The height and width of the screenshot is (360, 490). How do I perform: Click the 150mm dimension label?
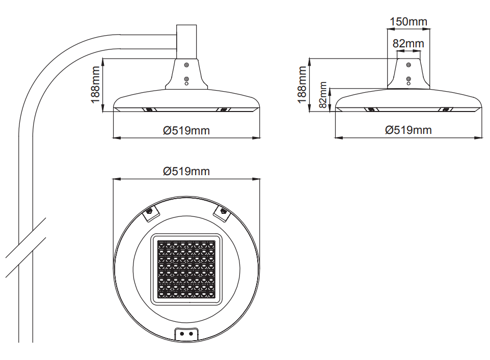click(409, 21)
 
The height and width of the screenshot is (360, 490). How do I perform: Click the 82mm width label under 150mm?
click(409, 43)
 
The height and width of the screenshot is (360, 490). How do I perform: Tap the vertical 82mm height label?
click(323, 95)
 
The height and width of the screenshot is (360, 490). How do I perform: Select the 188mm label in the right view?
click(302, 85)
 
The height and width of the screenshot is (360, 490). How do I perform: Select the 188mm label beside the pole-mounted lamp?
click(95, 85)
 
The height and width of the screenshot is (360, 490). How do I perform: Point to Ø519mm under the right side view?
click(409, 130)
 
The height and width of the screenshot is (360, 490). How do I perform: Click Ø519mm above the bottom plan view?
click(186, 171)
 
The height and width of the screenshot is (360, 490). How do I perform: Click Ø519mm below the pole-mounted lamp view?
click(186, 130)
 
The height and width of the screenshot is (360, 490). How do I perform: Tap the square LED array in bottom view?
click(186, 269)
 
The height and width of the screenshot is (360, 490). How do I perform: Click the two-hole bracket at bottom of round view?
click(186, 334)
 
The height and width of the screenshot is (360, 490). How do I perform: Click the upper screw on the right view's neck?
click(409, 65)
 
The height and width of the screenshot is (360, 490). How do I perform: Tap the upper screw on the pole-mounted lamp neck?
click(186, 65)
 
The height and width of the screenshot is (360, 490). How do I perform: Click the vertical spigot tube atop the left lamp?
click(186, 42)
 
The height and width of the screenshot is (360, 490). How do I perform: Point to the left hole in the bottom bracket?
click(182, 334)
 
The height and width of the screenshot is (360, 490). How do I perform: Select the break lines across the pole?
click(25, 247)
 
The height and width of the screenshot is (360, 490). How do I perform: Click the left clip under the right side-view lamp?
click(371, 109)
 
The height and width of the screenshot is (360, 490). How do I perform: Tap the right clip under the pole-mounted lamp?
click(224, 109)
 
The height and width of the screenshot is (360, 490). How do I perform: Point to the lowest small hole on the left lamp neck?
click(186, 84)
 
